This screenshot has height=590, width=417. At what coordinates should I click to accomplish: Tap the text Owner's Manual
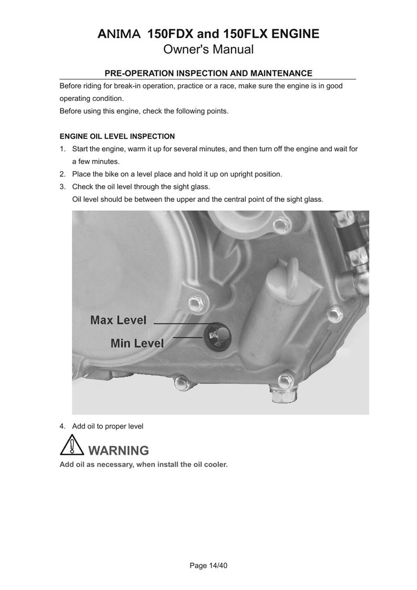click(208, 50)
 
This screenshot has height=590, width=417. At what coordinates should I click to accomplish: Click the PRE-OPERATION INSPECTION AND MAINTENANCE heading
click(208, 73)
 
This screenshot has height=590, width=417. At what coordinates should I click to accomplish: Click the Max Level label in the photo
click(118, 320)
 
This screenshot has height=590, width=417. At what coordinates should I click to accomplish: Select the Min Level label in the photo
click(137, 343)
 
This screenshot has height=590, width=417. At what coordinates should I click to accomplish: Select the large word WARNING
click(118, 451)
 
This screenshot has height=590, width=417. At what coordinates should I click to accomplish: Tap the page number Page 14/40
click(208, 566)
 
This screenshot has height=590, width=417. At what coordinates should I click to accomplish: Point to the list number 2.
click(62, 174)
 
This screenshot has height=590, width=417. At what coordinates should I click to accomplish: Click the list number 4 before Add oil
click(62, 426)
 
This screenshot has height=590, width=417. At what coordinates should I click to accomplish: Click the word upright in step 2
click(242, 174)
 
